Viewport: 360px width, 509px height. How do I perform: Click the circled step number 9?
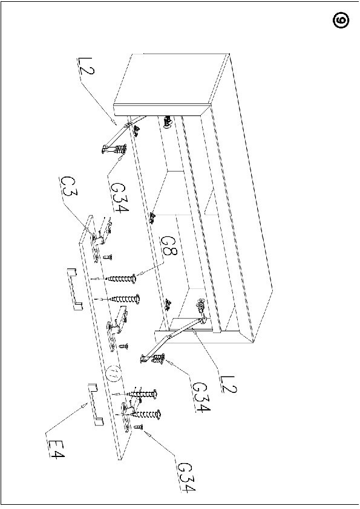pos(341,20)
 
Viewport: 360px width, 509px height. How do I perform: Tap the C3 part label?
pos(68,186)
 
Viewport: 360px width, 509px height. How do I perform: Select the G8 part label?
pos(168,246)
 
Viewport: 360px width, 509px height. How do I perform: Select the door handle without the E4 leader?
pos(74,288)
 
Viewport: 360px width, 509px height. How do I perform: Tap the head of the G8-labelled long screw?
pos(133,279)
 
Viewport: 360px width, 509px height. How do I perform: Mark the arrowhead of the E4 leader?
pos(86,404)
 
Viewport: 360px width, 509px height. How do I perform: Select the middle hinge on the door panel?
pos(116,328)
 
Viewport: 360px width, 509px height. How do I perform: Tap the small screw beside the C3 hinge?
pos(108,258)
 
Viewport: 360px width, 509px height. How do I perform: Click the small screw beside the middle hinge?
pos(123,346)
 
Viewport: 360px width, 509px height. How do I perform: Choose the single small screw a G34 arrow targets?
pos(138,427)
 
